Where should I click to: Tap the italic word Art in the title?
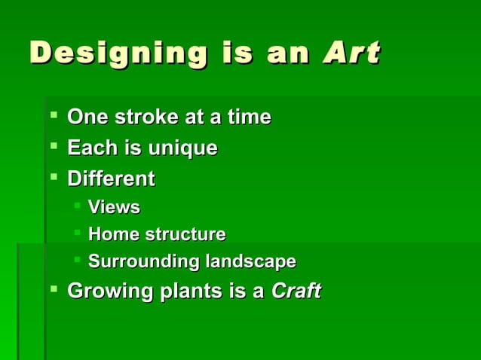coord(351,53)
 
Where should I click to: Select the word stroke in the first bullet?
coord(139,117)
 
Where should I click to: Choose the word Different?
coord(112,179)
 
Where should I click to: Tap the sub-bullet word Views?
coord(114,207)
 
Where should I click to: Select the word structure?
coord(185,234)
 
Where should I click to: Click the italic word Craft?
coord(296,290)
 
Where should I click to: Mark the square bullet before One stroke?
coord(53,117)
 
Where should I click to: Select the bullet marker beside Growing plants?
coord(53,289)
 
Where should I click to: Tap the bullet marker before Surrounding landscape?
coord(77,261)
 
